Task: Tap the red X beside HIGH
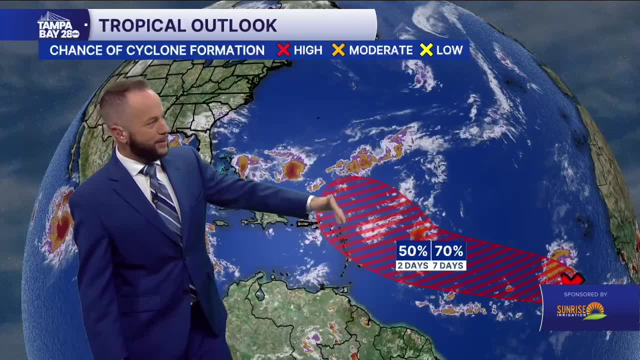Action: coord(283,50)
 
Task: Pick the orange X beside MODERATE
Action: coord(338,50)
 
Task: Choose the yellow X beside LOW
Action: coord(426,50)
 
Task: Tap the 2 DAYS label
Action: coord(413,265)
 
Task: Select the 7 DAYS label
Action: coord(448,265)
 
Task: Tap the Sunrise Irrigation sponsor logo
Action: coord(582,311)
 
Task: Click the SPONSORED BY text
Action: coord(585,294)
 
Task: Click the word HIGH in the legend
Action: coord(308,50)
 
